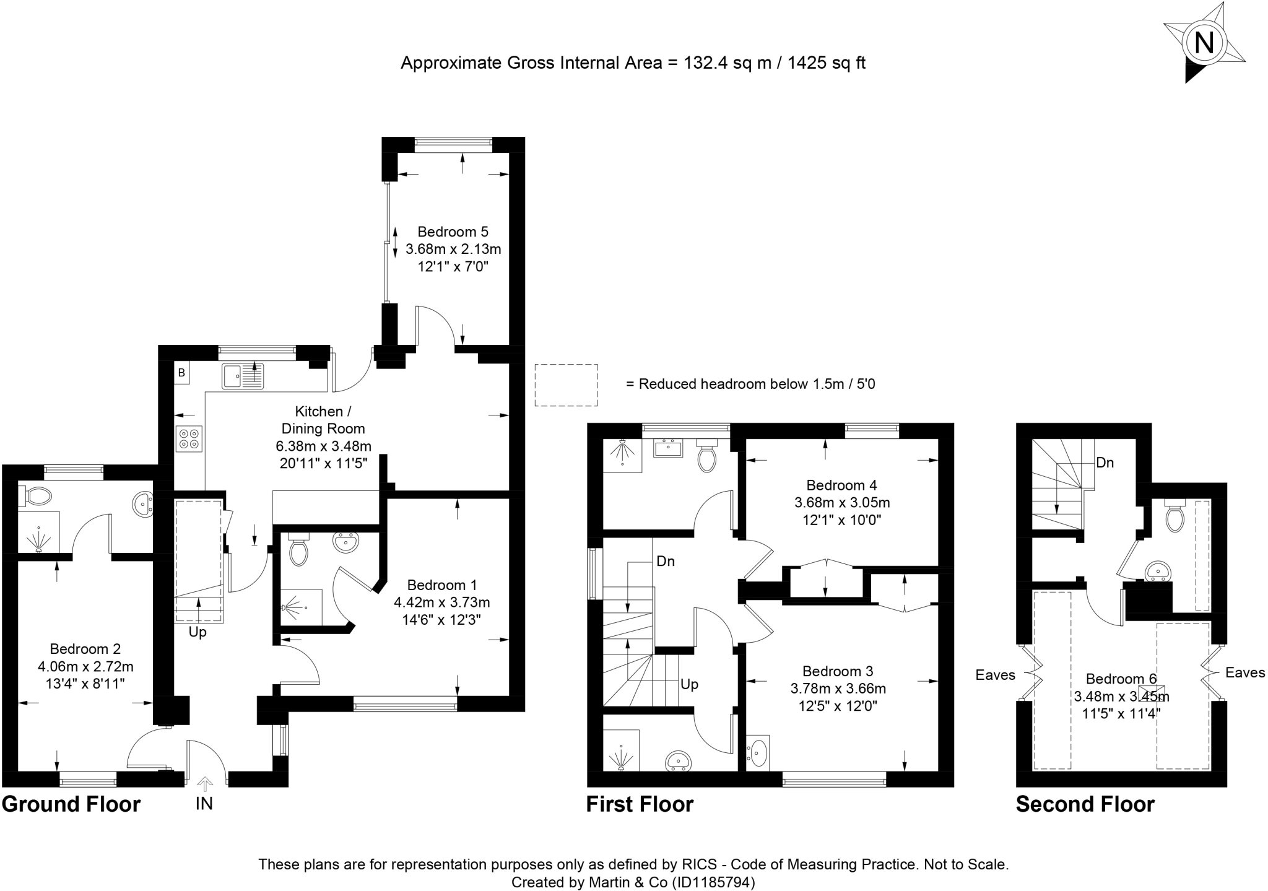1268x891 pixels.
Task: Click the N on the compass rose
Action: click(1204, 43)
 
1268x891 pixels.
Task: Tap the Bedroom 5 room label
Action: click(453, 232)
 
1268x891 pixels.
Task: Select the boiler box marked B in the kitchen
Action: click(181, 373)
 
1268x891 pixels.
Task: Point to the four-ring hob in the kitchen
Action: click(189, 438)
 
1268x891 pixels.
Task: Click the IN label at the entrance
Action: click(204, 803)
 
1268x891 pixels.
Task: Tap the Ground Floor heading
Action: click(71, 804)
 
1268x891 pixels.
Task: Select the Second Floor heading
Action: click(1085, 804)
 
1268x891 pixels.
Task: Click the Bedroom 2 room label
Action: click(85, 649)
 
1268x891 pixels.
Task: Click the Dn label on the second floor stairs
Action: click(1105, 463)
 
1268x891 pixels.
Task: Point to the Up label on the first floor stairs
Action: click(689, 684)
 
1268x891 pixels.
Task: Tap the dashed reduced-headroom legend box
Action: click(567, 385)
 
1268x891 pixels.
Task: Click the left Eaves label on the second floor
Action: click(996, 675)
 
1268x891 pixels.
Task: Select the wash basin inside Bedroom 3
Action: click(758, 753)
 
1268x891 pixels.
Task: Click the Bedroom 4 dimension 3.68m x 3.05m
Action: click(842, 502)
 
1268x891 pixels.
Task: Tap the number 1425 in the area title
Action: click(806, 63)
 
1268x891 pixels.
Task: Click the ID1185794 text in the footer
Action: click(713, 882)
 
